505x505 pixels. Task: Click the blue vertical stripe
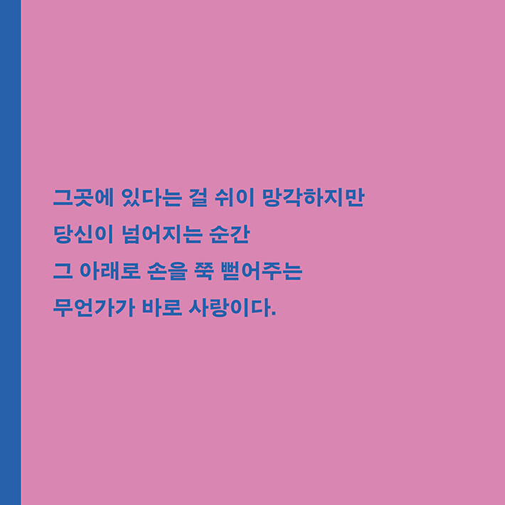[x=10, y=253]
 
